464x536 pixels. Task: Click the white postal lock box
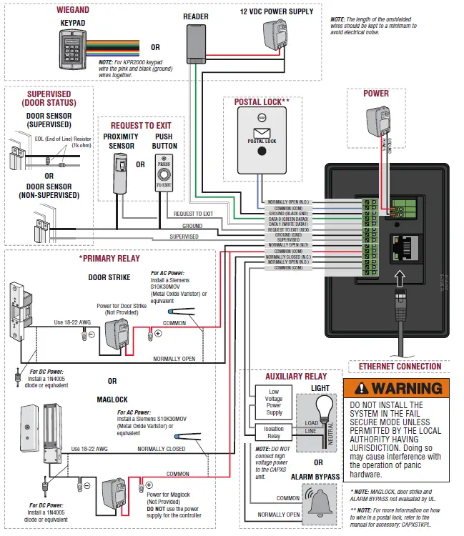pos(262,142)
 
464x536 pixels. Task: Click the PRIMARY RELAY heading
pos(109,258)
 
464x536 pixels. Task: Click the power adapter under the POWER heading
pos(377,123)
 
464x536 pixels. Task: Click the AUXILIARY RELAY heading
pos(296,376)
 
